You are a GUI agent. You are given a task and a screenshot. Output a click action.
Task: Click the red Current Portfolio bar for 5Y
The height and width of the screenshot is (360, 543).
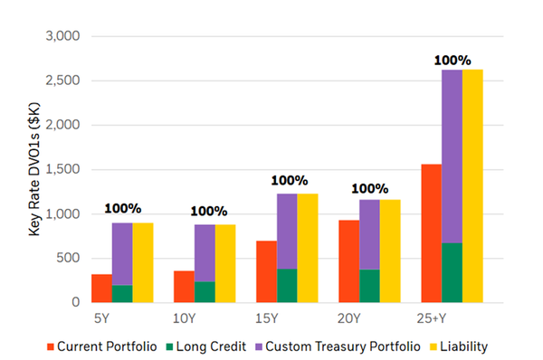(x=101, y=288)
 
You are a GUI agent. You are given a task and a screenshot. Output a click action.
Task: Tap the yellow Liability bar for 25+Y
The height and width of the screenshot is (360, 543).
(x=472, y=185)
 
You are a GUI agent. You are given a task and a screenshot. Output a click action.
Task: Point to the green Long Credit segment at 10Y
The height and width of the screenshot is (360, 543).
(x=205, y=291)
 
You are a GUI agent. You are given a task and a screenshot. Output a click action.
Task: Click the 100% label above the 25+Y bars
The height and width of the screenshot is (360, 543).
(x=452, y=61)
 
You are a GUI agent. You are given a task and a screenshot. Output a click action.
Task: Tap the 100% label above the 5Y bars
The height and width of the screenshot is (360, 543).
(x=122, y=208)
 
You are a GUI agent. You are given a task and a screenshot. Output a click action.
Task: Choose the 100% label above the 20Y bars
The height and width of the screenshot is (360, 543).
(x=369, y=189)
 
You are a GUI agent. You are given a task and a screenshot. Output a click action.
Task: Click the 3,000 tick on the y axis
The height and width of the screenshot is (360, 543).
(x=62, y=36)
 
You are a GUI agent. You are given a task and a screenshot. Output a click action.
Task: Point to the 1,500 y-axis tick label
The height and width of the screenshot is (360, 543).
(x=62, y=169)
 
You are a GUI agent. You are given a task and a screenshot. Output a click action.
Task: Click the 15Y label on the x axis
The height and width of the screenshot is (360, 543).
(x=267, y=317)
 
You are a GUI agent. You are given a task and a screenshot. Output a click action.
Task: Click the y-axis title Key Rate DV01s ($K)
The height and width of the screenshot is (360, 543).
(x=33, y=170)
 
